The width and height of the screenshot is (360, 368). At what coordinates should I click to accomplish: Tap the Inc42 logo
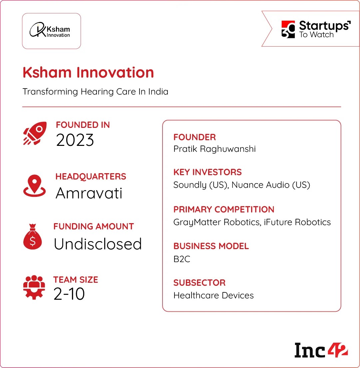[321, 350]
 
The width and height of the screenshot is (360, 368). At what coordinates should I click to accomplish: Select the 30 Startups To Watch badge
[315, 29]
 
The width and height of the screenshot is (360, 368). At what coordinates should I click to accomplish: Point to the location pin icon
[34, 185]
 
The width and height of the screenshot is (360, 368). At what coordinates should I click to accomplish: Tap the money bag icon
[33, 237]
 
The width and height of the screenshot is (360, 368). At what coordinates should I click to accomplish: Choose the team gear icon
[34, 287]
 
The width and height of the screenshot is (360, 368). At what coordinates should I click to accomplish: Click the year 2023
[75, 140]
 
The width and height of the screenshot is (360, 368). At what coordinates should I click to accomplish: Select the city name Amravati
[89, 193]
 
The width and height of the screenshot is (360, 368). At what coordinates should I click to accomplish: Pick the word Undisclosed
[98, 244]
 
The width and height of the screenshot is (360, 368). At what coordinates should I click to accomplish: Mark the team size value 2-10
[69, 294]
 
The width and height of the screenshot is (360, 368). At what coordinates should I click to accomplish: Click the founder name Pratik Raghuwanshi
[214, 149]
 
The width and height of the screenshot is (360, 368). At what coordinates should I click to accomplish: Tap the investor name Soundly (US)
[200, 185]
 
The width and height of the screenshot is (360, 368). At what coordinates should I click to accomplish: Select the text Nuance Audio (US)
[271, 185]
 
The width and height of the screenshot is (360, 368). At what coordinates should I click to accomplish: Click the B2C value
[182, 259]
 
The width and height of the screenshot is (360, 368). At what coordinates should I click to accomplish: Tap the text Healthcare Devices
[213, 295]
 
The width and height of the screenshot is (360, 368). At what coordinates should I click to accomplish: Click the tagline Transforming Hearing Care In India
[95, 92]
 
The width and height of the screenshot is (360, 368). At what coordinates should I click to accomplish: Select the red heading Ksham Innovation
[88, 73]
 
